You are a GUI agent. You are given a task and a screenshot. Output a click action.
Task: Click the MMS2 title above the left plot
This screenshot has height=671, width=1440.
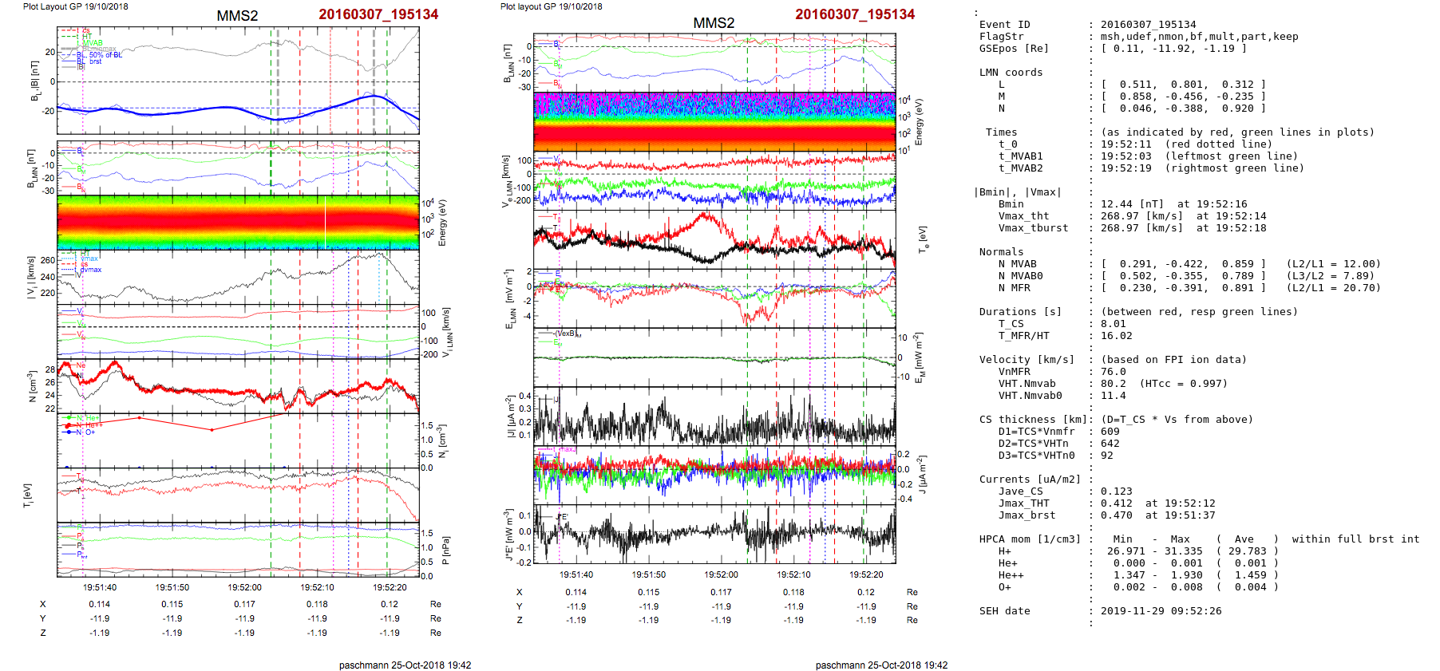tap(237, 16)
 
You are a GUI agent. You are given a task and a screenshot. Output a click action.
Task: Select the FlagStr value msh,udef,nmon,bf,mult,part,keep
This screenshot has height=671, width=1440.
tap(1199, 37)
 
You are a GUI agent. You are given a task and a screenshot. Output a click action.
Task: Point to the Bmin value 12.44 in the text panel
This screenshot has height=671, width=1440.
tap(1116, 204)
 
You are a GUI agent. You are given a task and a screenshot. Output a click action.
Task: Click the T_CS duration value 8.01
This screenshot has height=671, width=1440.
tap(1113, 324)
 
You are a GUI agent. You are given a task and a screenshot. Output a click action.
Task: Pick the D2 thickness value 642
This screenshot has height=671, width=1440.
tap(1110, 444)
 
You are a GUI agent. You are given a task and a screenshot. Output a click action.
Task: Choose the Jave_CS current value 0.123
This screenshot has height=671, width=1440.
tap(1116, 491)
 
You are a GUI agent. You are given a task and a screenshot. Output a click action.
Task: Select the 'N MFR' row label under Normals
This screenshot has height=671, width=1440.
tap(1014, 288)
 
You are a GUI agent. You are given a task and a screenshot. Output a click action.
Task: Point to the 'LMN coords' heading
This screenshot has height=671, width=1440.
tap(1011, 73)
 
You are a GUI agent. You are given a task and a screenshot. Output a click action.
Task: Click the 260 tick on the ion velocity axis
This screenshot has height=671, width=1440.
tap(48, 260)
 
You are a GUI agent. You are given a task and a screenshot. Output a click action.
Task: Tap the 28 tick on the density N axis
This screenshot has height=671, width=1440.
tap(50, 369)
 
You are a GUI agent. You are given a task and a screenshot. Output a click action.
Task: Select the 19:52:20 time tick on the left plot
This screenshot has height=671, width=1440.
tap(390, 588)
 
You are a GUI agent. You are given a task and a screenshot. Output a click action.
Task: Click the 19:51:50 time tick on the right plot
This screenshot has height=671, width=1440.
tap(648, 574)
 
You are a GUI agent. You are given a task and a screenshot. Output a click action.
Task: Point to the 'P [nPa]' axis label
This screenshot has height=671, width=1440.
tap(445, 550)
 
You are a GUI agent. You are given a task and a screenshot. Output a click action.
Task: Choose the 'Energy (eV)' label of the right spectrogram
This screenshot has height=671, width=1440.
tap(919, 122)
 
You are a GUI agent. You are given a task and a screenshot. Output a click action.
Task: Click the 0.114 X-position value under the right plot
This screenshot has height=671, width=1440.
tap(576, 592)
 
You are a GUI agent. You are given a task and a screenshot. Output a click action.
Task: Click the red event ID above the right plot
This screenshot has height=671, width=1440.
tap(854, 14)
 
